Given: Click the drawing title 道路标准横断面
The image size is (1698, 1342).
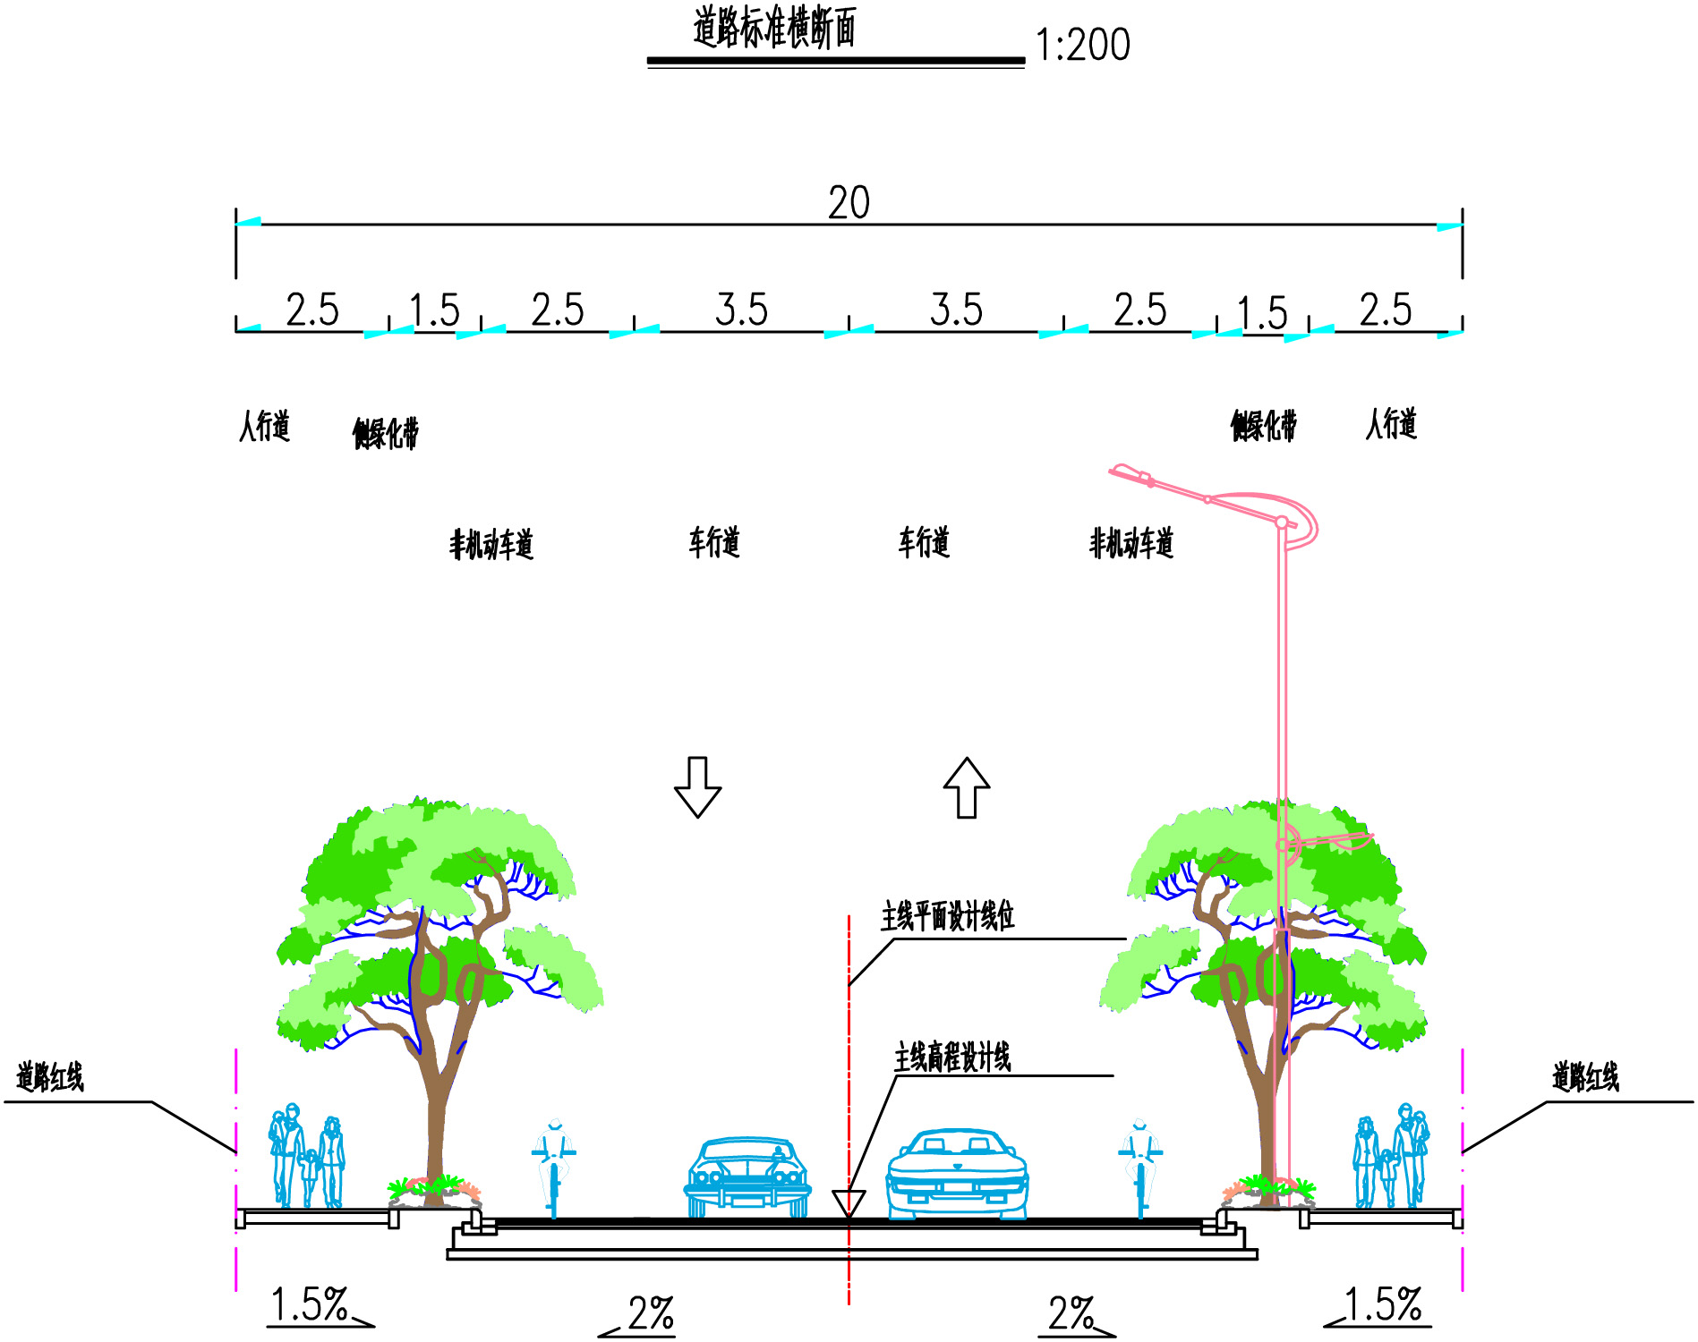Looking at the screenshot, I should point(774,28).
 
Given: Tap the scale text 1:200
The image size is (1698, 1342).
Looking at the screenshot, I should point(1082,45).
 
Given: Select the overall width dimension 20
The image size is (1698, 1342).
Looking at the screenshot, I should point(849,203).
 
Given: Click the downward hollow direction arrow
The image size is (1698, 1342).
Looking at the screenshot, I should point(697,786).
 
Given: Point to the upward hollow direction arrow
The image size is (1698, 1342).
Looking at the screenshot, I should point(967,787).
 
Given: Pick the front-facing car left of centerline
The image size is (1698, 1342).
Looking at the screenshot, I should point(747,1176).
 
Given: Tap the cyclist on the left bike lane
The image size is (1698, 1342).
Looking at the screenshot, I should point(554,1166).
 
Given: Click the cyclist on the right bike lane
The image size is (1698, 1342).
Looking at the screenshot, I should point(1139,1166).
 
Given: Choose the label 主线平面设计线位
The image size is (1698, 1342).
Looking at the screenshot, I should point(947,916).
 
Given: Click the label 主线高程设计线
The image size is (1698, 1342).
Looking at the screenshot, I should point(952,1057).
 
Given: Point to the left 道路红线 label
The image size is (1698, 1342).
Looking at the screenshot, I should point(50,1076).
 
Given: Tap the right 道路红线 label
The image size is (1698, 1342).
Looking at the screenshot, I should point(1585,1076).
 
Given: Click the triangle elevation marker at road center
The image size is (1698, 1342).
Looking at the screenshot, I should point(849,1202).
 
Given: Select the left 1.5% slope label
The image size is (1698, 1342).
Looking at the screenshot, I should point(309,1304).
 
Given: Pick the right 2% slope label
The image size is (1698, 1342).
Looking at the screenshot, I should point(1071,1313).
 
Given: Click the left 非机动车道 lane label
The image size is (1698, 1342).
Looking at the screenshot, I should point(491,544).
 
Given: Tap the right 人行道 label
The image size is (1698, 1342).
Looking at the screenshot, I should point(1391,424).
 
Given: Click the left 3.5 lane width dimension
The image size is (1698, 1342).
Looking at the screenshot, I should point(741,310).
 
